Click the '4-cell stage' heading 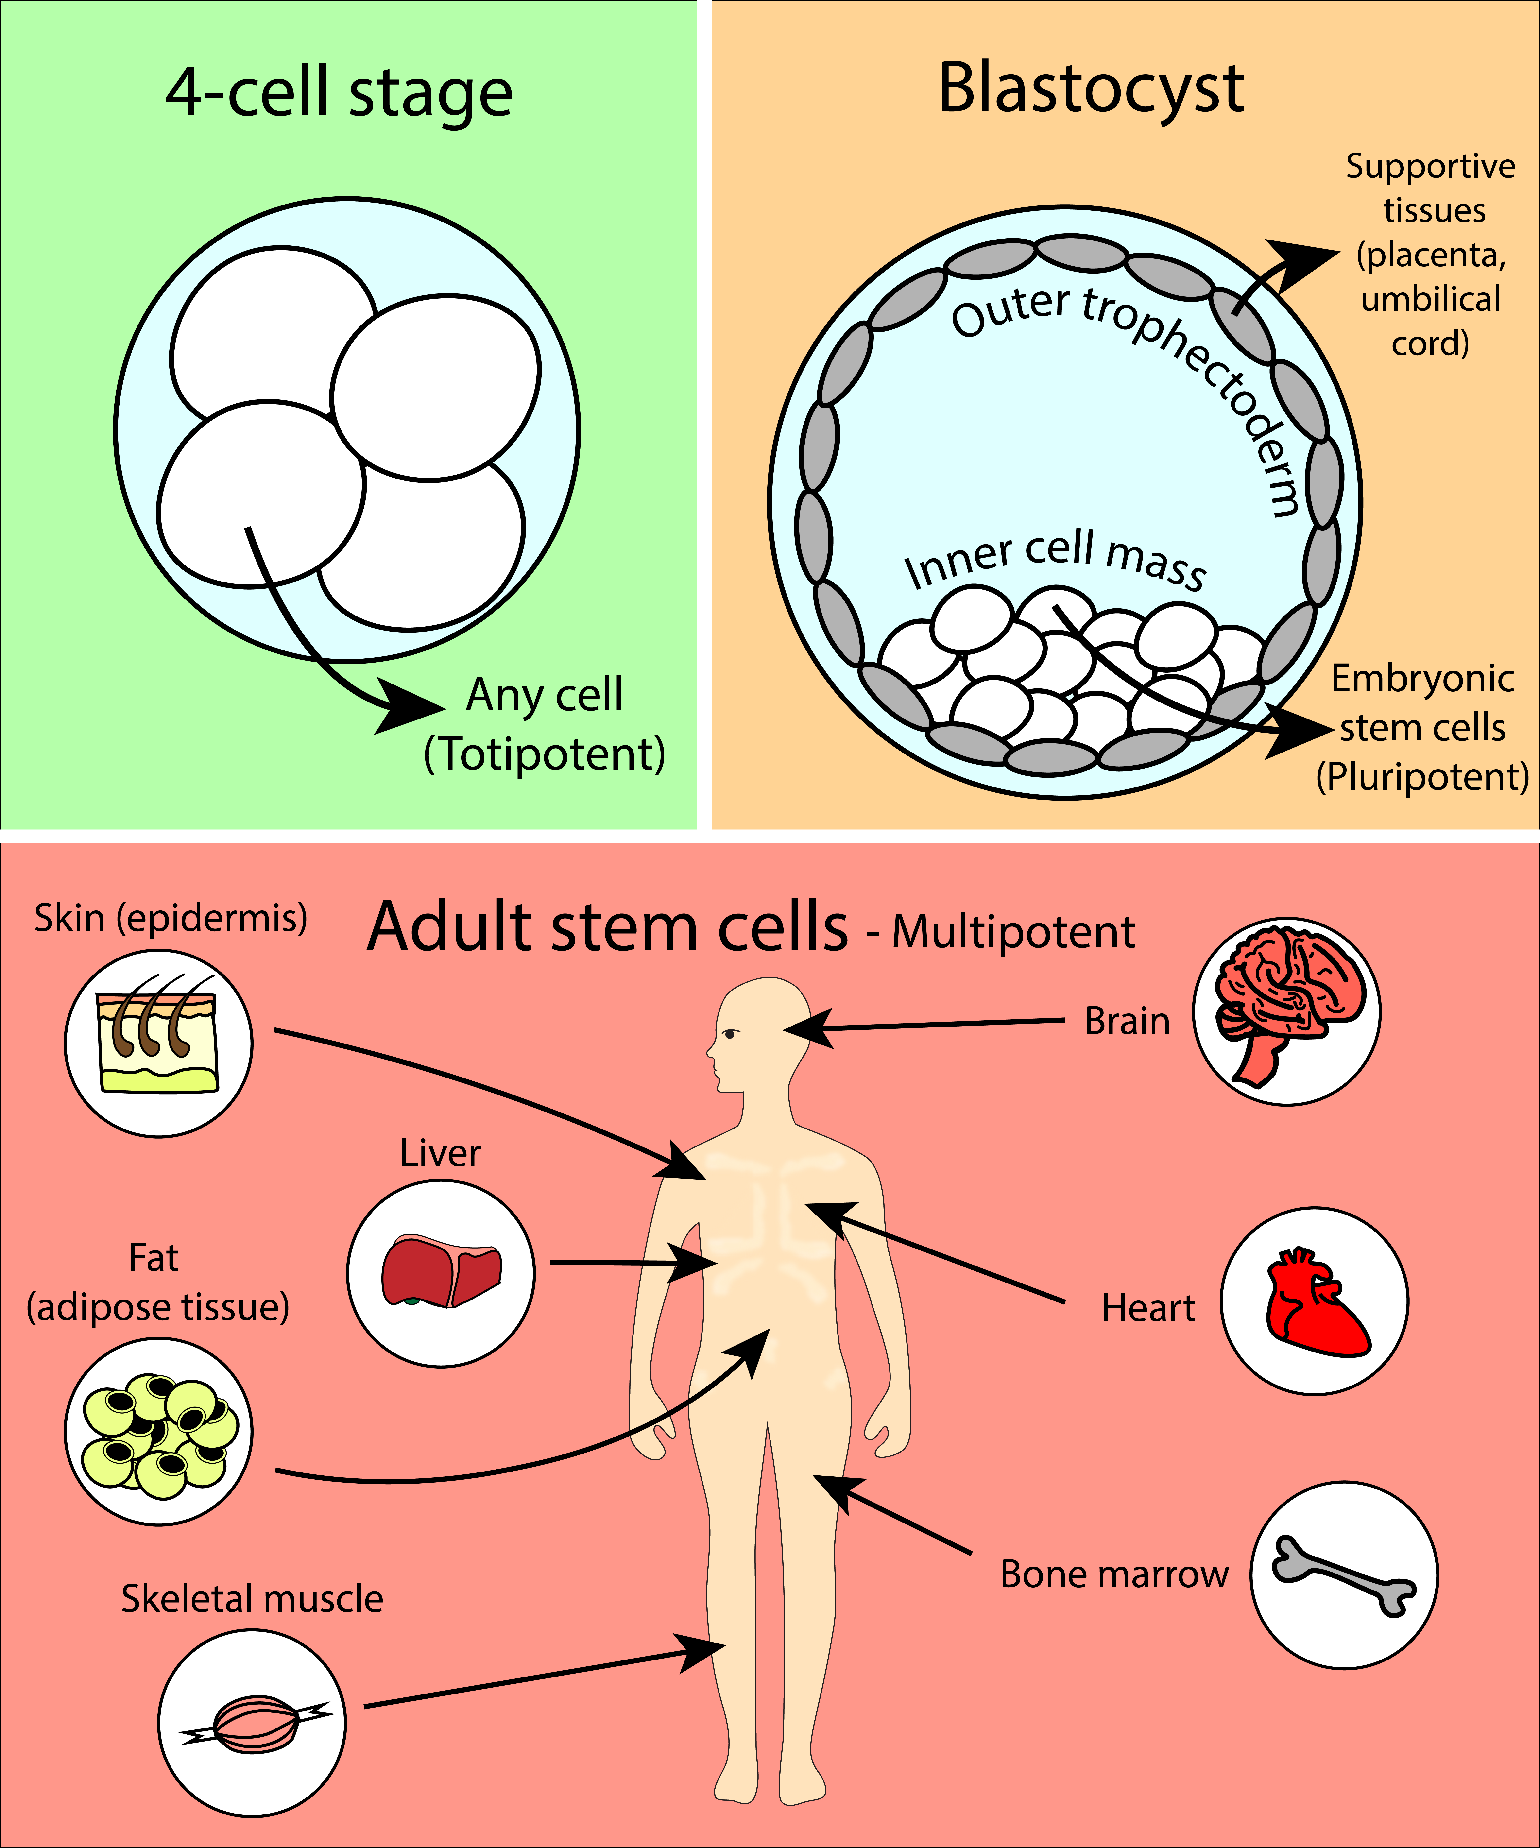pos(339,92)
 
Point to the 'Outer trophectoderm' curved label pos(1135,370)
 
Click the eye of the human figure pos(730,1033)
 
